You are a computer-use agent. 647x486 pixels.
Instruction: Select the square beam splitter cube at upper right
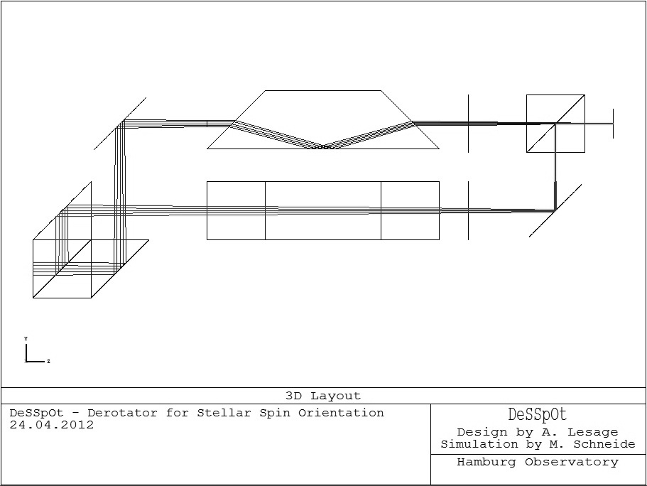(555, 124)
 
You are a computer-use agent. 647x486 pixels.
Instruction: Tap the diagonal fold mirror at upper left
(120, 124)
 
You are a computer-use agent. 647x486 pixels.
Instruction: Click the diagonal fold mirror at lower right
(555, 210)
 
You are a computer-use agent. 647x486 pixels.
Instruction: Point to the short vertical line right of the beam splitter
(613, 124)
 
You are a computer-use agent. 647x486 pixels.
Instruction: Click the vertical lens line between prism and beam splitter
(469, 123)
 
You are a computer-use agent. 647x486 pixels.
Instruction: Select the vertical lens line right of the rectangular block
(469, 210)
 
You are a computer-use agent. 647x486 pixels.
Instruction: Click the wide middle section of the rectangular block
(323, 210)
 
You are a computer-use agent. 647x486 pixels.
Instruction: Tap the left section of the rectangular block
(236, 210)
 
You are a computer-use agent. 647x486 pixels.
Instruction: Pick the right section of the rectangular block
(410, 210)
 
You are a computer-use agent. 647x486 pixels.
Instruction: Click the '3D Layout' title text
(323, 396)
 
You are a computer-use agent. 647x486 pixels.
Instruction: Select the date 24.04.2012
(52, 425)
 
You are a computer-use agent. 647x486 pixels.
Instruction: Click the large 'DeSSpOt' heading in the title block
(538, 415)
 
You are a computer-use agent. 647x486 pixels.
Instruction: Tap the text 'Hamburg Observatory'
(538, 463)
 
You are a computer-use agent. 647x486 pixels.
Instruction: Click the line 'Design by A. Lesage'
(538, 432)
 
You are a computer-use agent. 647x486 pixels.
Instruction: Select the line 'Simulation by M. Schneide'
(538, 444)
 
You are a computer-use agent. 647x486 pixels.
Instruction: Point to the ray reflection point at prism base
(323, 147)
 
